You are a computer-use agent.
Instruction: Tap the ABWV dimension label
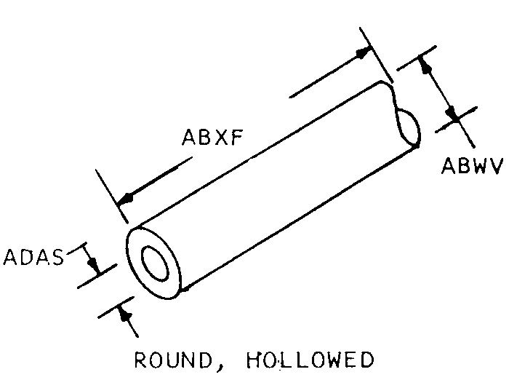(472, 167)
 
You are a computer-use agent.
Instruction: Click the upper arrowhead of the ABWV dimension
(428, 65)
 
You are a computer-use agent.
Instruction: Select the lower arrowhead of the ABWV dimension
(453, 115)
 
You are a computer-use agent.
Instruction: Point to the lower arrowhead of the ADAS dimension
(125, 314)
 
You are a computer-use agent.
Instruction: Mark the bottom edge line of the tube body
(298, 219)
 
